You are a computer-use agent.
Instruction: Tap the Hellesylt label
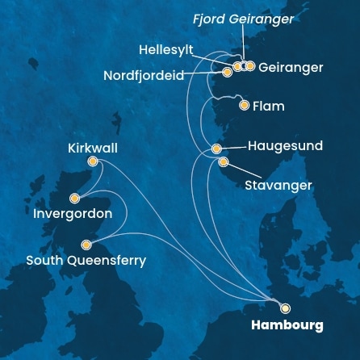point(166,50)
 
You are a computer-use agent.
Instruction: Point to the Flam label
point(270,106)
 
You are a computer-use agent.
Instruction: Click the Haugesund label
point(285,146)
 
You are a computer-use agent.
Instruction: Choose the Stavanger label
point(278,186)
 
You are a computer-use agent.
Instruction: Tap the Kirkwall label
point(93,148)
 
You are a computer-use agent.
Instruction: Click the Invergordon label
point(73,214)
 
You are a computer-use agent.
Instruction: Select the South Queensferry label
point(86,261)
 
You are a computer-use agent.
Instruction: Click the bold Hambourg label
point(287,325)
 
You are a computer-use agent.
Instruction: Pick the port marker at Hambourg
point(285,308)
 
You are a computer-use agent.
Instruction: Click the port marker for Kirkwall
point(93,161)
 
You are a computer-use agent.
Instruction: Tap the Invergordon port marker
point(74,198)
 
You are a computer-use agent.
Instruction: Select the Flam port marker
point(245,105)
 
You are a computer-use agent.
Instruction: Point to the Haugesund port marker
point(216,149)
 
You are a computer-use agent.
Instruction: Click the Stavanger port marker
point(224,162)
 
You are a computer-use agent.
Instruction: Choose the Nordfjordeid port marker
point(228,73)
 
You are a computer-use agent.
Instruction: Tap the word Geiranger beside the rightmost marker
point(291,68)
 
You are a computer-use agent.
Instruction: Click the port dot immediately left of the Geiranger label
point(250,66)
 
